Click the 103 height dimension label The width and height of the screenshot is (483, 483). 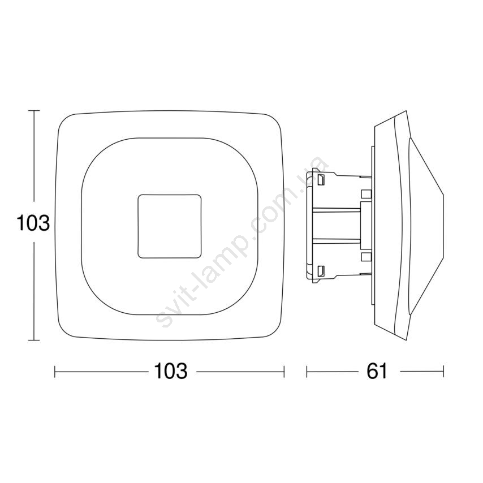coord(33,223)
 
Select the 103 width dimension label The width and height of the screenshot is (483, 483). coord(171,371)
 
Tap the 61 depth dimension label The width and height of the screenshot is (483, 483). coord(377,371)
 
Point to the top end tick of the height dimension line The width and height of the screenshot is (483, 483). coord(34,110)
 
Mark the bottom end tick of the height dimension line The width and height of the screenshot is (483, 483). coord(34,340)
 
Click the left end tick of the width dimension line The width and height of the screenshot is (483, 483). coord(55,372)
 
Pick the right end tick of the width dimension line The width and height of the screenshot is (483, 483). coord(284,372)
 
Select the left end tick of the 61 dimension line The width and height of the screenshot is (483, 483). coord(307,372)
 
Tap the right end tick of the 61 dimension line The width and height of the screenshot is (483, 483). coord(443,372)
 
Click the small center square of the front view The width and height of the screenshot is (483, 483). coord(170,226)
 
